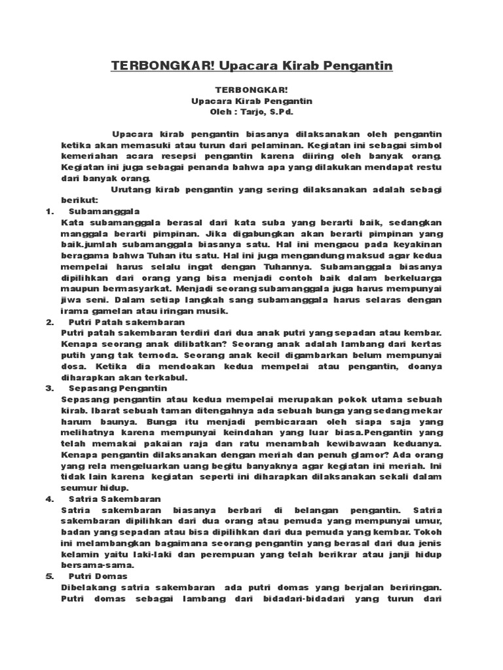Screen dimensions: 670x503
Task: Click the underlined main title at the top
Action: [x=251, y=66]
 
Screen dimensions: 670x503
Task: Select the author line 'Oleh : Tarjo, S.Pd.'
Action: [x=251, y=112]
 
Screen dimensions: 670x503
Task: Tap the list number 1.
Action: [x=48, y=211]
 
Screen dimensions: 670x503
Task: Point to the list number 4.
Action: [x=48, y=499]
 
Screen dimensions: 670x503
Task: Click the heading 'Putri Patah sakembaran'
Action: [x=126, y=323]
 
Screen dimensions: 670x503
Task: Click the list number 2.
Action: [x=48, y=323]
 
